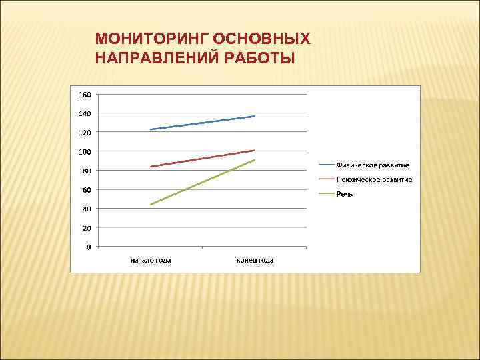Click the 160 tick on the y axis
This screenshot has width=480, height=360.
pyautogui.click(x=85, y=95)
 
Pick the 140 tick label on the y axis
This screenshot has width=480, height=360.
pyautogui.click(x=85, y=114)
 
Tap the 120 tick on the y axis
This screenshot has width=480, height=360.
pyautogui.click(x=85, y=133)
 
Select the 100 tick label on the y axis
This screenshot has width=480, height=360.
pyautogui.click(x=85, y=152)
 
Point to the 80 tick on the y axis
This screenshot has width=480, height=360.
pyautogui.click(x=87, y=171)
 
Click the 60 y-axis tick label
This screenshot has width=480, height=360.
pyautogui.click(x=87, y=190)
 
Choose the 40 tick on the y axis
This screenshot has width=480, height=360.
pyautogui.click(x=87, y=209)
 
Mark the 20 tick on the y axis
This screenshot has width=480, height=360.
pyautogui.click(x=87, y=228)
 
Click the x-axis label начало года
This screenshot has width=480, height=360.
pyautogui.click(x=150, y=260)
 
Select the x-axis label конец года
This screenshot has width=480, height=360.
pyautogui.click(x=255, y=260)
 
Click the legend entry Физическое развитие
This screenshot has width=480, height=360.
pyautogui.click(x=373, y=165)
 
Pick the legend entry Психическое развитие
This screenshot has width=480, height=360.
pyautogui.click(x=374, y=179)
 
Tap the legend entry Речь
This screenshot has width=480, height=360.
pyautogui.click(x=345, y=194)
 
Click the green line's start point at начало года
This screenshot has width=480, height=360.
pyautogui.click(x=151, y=205)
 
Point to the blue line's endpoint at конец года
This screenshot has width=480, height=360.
pyautogui.click(x=255, y=116)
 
